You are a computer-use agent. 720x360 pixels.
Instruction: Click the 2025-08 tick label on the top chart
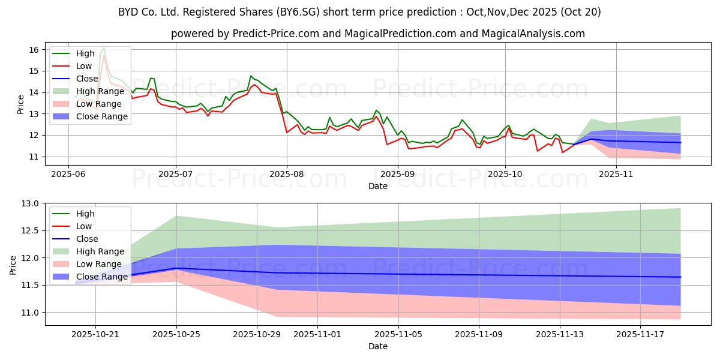286,173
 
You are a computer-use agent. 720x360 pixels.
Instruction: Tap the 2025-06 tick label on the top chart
68,173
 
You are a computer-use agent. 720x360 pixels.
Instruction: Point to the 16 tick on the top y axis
34,50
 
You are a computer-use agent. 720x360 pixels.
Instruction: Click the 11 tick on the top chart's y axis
34,157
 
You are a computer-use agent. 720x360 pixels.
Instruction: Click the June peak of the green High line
104,47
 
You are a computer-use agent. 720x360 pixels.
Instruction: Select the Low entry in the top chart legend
85,66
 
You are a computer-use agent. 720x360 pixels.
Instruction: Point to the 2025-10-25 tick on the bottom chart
176,334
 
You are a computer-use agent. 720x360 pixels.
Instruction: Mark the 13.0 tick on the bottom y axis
29,204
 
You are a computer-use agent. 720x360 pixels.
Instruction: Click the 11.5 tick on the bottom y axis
29,286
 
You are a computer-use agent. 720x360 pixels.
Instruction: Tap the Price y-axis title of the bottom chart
13,264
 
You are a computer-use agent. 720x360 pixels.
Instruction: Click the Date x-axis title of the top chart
378,187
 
